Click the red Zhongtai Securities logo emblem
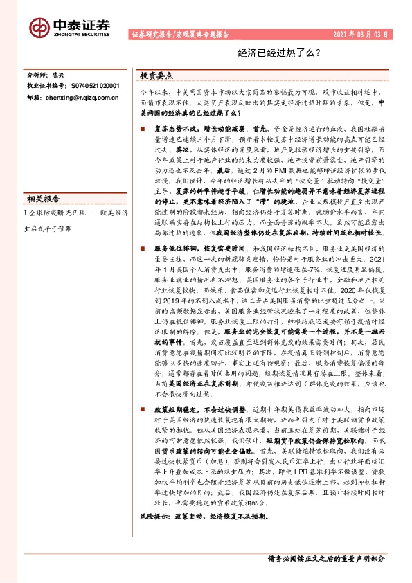click(40, 26)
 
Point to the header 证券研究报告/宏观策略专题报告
click(185, 35)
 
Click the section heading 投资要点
click(156, 75)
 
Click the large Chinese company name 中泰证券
click(81, 24)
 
